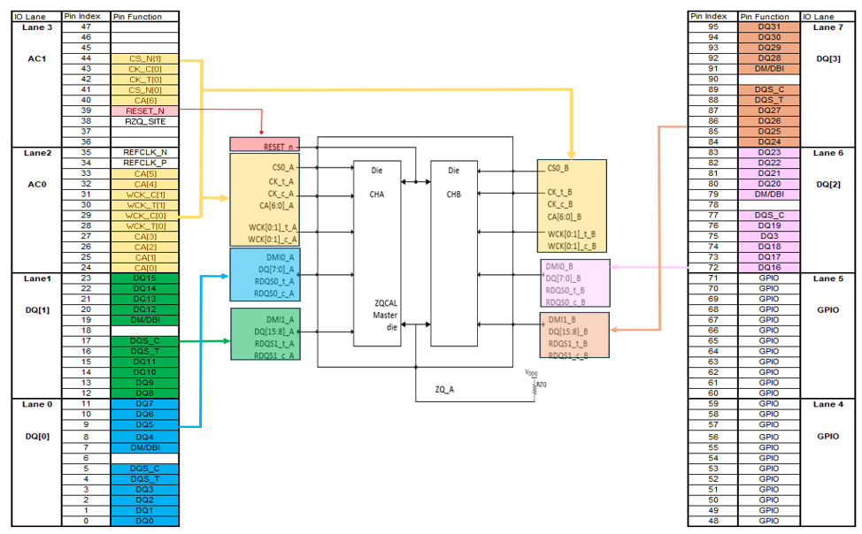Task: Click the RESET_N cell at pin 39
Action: (x=144, y=111)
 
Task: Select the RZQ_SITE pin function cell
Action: (x=144, y=121)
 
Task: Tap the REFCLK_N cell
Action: (x=144, y=152)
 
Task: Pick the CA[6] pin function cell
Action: (x=144, y=100)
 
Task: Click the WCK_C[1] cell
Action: (x=144, y=194)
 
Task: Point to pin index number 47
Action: (x=86, y=27)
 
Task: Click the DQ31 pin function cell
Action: (x=768, y=27)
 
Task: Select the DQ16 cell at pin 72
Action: (x=768, y=267)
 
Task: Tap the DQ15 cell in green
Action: (x=144, y=278)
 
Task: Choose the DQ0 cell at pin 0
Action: (x=144, y=521)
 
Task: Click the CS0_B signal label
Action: (x=558, y=167)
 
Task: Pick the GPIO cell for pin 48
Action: (x=768, y=521)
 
